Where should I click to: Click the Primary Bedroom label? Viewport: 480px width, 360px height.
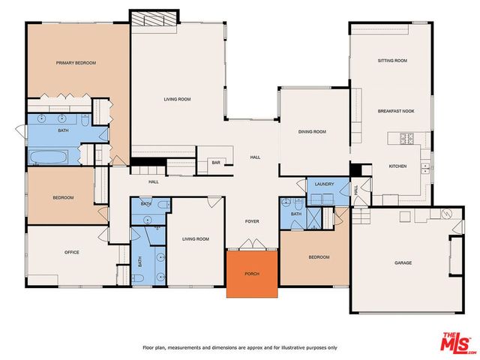pyautogui.click(x=76, y=63)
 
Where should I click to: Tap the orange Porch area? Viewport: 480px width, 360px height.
pyautogui.click(x=253, y=273)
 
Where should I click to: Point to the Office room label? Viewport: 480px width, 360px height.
pyautogui.click(x=71, y=252)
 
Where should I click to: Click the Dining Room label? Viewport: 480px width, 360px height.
pyautogui.click(x=312, y=132)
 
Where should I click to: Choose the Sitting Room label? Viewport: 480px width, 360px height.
pyautogui.click(x=391, y=60)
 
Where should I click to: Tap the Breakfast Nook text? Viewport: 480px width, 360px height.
pyautogui.click(x=396, y=111)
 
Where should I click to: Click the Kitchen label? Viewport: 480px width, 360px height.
pyautogui.click(x=397, y=166)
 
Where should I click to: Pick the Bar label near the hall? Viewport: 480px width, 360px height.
pyautogui.click(x=216, y=162)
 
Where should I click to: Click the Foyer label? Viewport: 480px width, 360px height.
pyautogui.click(x=253, y=222)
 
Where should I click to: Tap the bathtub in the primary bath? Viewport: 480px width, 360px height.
pyautogui.click(x=48, y=157)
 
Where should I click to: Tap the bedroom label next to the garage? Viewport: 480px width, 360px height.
pyautogui.click(x=319, y=257)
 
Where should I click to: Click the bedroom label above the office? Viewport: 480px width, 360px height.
pyautogui.click(x=63, y=197)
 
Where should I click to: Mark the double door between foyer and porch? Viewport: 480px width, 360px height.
pyautogui.click(x=253, y=244)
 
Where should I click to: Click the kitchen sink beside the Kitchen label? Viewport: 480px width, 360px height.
pyautogui.click(x=424, y=165)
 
